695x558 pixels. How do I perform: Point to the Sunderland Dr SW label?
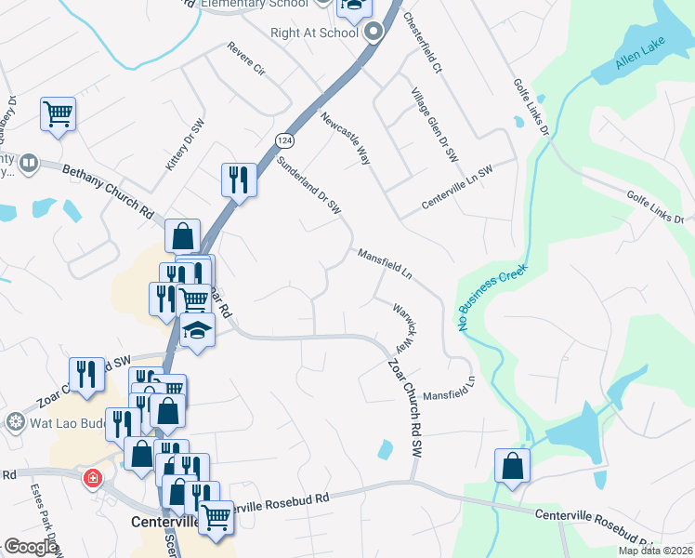309,186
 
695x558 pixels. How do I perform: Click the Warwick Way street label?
402,325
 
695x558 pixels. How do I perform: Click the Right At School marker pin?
374,33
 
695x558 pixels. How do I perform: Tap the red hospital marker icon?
92,479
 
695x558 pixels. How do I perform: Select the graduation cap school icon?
197,331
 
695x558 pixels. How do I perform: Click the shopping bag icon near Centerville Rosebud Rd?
513,466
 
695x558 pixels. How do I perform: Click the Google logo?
31,548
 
